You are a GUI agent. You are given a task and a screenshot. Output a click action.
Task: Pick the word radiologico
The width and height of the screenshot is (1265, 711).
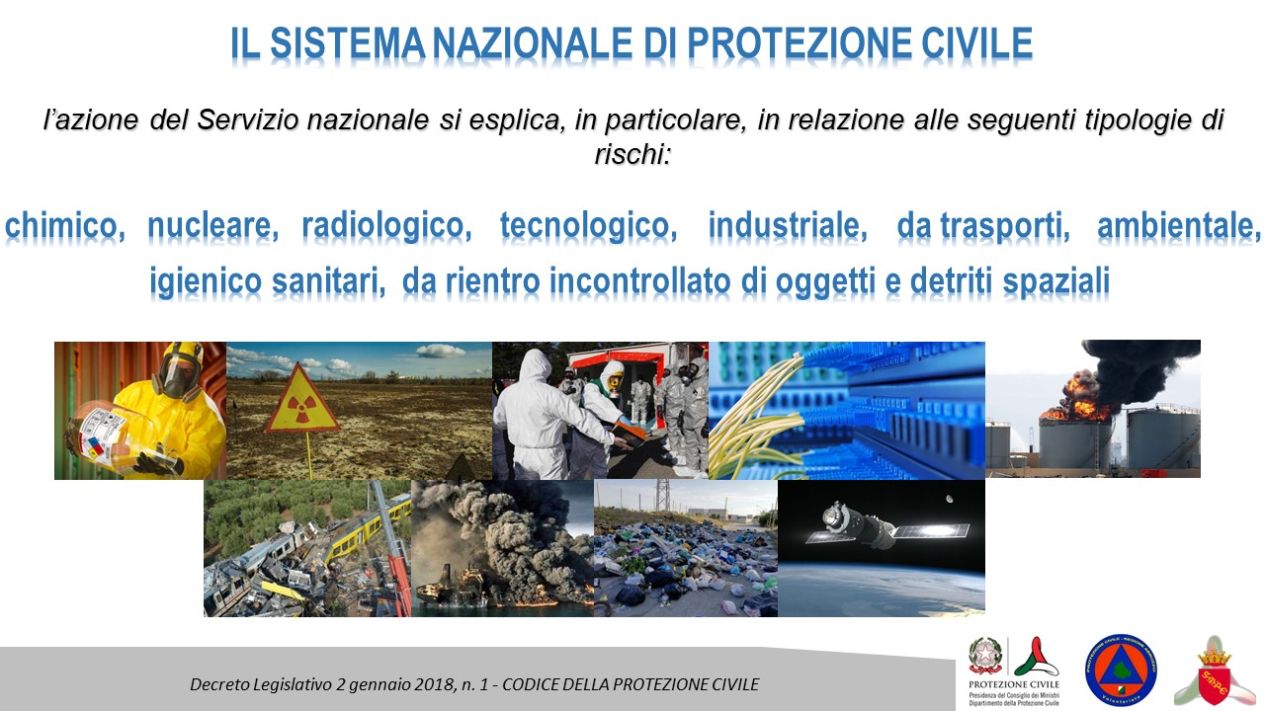click(x=384, y=226)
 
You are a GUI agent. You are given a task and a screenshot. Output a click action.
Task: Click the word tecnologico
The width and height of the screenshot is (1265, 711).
click(x=588, y=226)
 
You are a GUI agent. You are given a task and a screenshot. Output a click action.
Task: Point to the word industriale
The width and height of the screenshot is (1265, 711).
click(x=788, y=226)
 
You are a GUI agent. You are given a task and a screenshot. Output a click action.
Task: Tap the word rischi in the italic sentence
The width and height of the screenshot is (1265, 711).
click(x=632, y=154)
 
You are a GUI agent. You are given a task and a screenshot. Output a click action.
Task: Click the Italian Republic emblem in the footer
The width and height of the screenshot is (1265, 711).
click(x=985, y=657)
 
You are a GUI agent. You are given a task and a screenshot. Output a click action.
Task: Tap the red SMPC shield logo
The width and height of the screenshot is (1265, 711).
click(x=1215, y=675)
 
